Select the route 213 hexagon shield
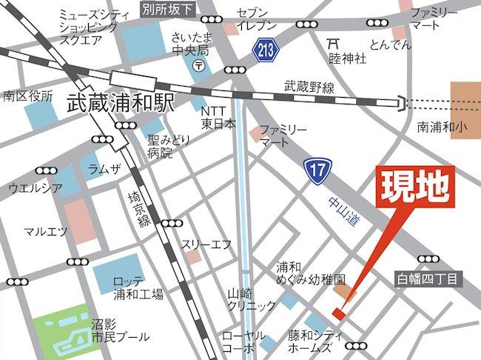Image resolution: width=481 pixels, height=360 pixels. point(264,50)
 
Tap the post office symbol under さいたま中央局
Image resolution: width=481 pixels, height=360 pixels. point(198,66)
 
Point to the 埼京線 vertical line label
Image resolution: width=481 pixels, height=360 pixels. point(138,208)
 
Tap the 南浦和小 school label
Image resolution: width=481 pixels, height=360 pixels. point(443,127)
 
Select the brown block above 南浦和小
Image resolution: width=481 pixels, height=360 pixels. point(465,96)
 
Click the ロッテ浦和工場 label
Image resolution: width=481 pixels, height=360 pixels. point(138,288)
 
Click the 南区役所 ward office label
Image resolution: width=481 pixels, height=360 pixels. point(28,96)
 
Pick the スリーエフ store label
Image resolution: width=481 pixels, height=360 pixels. point(206,244)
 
